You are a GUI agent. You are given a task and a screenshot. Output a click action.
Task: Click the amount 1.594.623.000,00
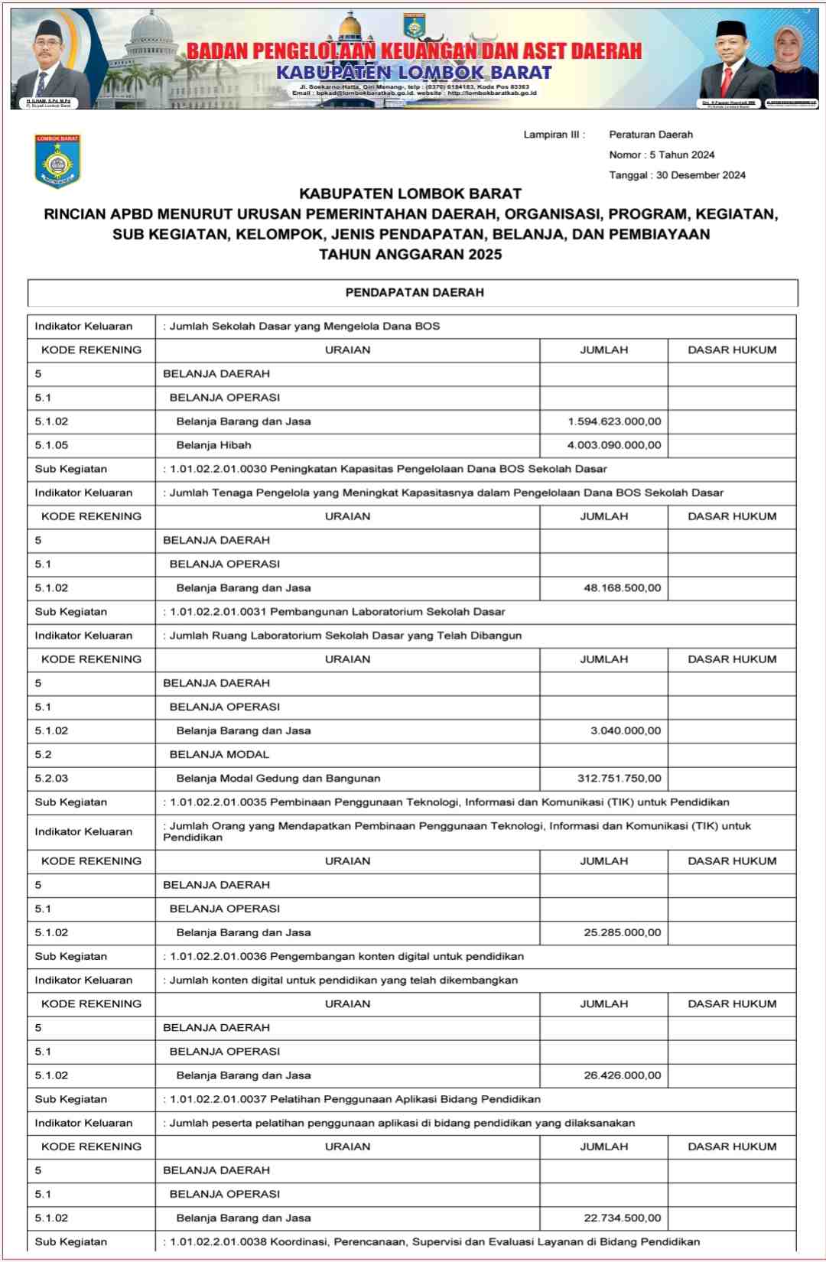coord(614,421)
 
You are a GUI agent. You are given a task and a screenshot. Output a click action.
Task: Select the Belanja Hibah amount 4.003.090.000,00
coord(614,445)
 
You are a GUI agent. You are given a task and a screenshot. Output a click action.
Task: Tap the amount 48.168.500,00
coord(622,588)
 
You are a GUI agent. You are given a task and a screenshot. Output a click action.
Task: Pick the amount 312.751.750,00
coord(619,779)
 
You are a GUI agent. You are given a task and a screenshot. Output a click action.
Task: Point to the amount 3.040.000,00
coord(625,731)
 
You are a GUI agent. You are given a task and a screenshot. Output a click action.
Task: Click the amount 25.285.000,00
coord(622,933)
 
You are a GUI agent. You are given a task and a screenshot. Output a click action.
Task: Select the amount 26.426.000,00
coord(622,1075)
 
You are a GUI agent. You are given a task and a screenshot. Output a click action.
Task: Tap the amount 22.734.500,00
coord(622,1218)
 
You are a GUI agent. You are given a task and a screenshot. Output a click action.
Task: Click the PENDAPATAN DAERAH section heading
coord(414,293)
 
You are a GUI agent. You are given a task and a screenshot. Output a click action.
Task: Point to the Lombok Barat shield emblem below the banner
coord(57,161)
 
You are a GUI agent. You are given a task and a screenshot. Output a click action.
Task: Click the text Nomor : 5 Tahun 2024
coord(662,155)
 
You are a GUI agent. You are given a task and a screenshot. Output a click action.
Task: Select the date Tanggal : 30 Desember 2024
coord(677,175)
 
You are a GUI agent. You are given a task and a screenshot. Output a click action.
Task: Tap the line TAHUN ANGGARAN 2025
coord(410,255)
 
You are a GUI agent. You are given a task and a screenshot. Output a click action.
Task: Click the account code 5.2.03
coord(51,779)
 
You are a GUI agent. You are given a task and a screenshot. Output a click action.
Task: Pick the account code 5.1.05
coord(51,445)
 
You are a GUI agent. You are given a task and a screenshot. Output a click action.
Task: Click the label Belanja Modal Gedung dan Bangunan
coord(278,779)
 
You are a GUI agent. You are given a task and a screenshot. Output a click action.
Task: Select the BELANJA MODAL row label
coord(219,755)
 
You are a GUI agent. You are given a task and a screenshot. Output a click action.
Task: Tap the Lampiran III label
coord(554,135)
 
